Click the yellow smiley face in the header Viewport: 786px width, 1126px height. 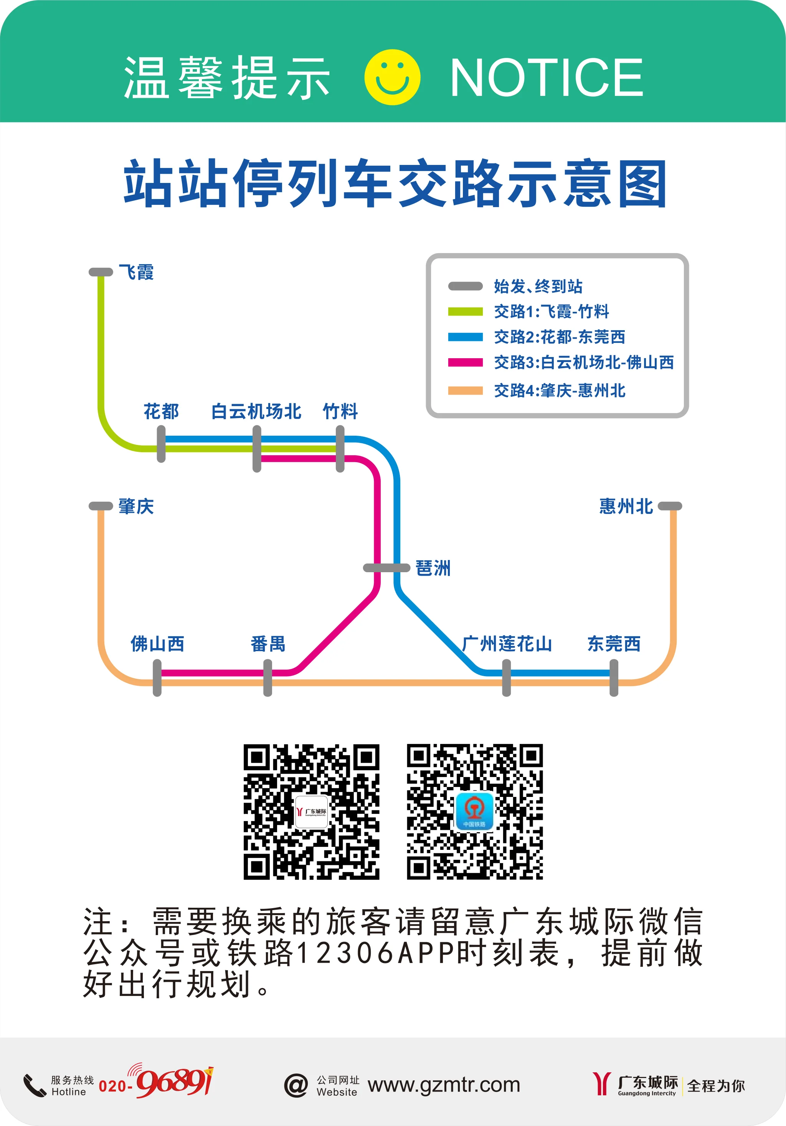pos(392,77)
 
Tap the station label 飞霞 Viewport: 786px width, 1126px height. pos(136,272)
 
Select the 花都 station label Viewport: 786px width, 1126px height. pos(161,411)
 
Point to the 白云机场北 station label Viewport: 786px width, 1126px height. pos(256,411)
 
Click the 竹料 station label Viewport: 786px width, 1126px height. pos(340,411)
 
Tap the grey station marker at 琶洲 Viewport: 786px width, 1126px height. pos(386,568)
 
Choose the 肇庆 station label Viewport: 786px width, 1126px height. pos(136,506)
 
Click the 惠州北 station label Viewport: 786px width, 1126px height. pos(626,506)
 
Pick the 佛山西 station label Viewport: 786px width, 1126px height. pos(157,644)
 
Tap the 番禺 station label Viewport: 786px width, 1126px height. pos(268,644)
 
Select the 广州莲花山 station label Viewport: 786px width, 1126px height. pos(507,644)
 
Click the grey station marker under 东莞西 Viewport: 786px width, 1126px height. pos(614,678)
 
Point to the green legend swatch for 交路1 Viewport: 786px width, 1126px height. pos(465,311)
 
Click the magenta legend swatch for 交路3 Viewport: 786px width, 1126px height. pos(465,362)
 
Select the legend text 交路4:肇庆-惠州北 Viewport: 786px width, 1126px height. pos(559,390)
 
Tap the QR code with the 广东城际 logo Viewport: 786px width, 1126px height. pos(312,812)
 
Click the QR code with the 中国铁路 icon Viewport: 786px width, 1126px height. pos(474,812)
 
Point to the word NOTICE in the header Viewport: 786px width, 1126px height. pos(546,77)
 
